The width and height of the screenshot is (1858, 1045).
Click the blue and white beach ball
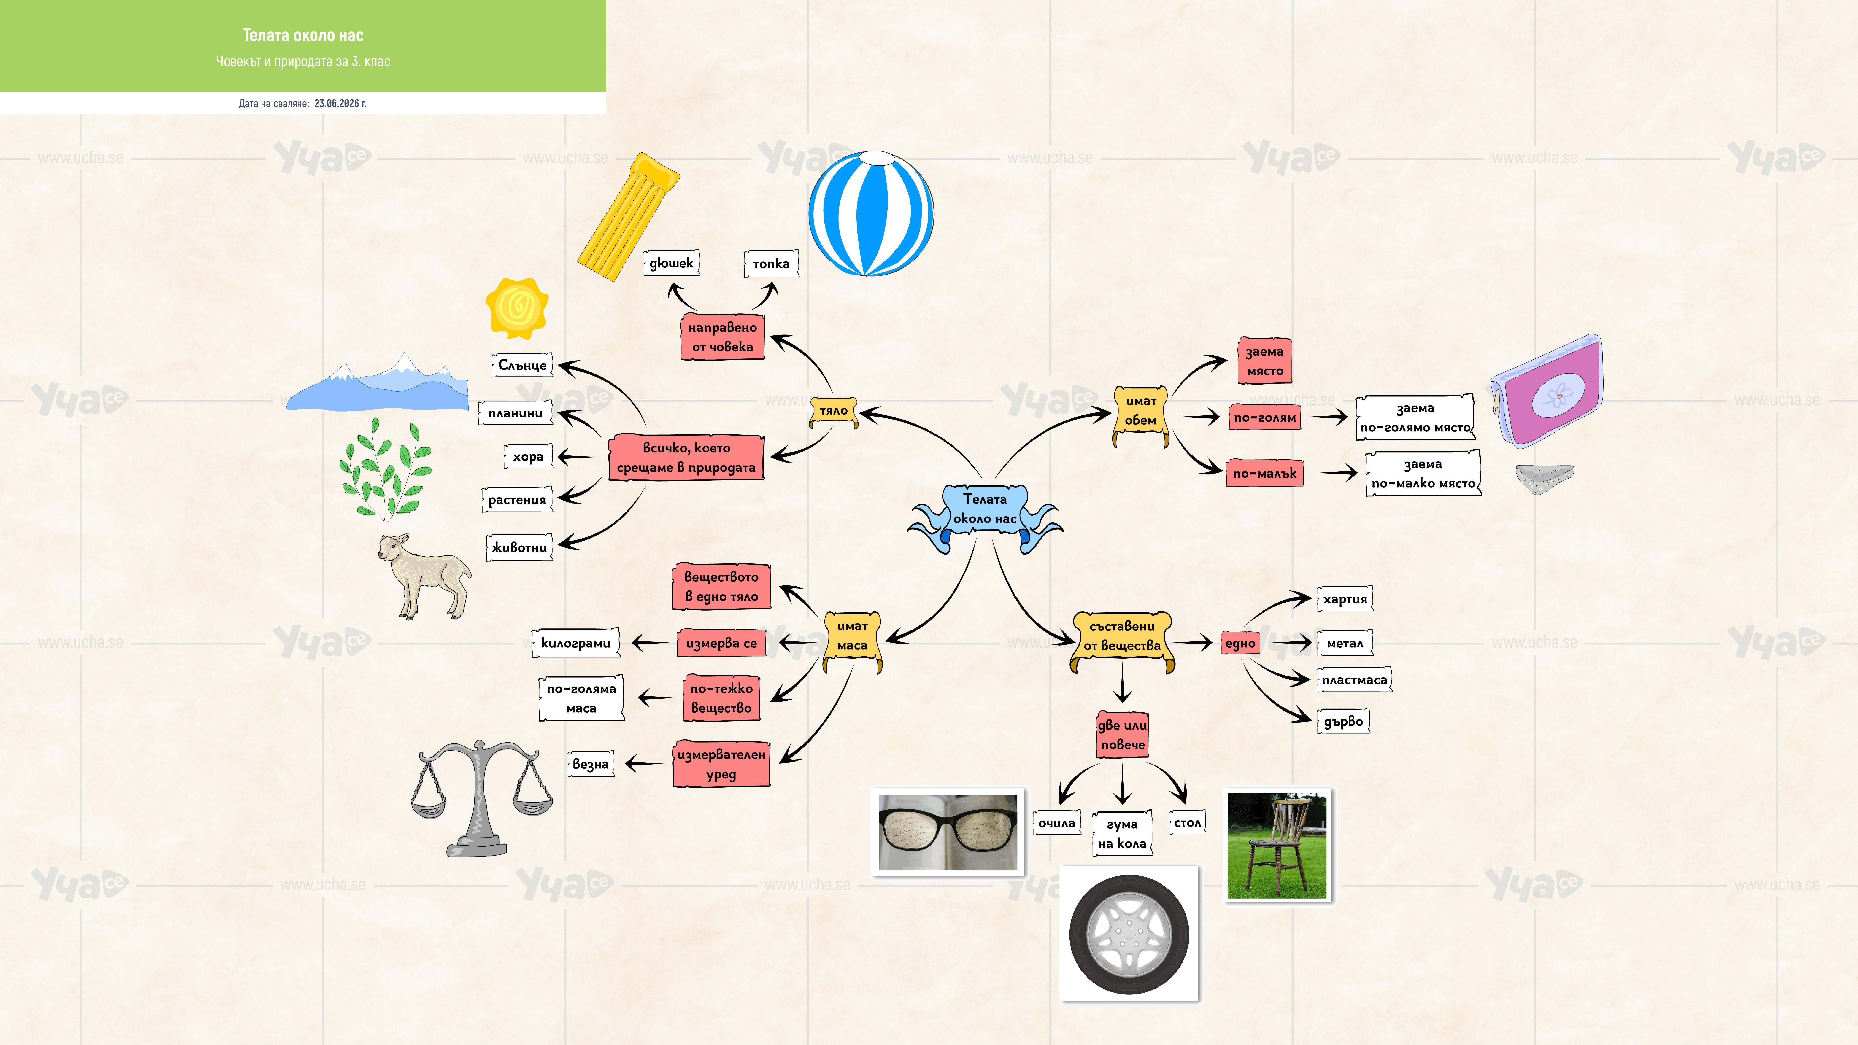(x=871, y=213)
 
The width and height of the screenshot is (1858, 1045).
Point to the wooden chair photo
(x=1277, y=845)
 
